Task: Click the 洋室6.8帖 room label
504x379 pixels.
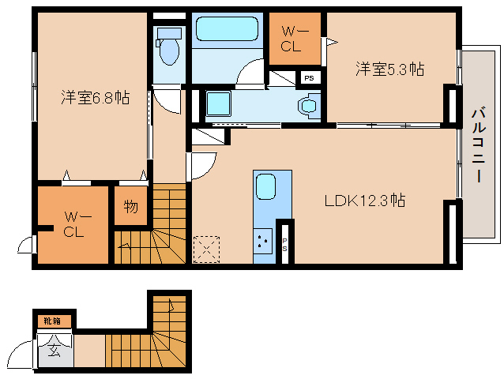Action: [x=96, y=98]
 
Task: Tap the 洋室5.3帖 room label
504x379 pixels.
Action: [x=389, y=69]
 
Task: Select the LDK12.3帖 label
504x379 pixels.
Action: [x=365, y=201]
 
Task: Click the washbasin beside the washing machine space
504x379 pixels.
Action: [x=308, y=105]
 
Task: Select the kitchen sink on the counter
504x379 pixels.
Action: [x=265, y=188]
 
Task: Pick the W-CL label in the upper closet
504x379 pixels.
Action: [x=291, y=39]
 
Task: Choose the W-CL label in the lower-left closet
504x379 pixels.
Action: [x=74, y=224]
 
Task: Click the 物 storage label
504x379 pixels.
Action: [x=130, y=208]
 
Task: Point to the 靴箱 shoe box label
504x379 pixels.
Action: [x=53, y=321]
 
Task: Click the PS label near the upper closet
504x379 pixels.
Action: [x=309, y=78]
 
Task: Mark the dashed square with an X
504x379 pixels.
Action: [x=206, y=248]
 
